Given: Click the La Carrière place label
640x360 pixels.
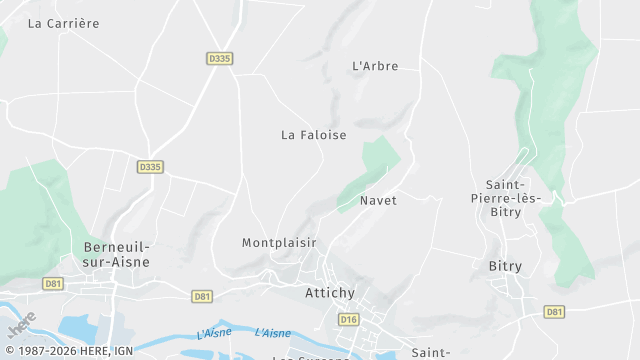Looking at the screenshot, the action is click(64, 23).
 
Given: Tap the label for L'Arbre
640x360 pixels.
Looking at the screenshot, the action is click(376, 67).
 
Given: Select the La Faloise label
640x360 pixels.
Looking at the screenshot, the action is click(313, 135).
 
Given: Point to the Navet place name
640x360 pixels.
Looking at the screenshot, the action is click(379, 201).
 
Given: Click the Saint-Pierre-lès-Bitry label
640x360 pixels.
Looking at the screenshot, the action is click(513, 198).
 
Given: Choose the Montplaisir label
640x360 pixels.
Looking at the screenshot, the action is click(279, 243).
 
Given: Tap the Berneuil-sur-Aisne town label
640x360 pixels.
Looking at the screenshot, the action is click(116, 254).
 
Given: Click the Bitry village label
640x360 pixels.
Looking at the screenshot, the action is click(505, 266).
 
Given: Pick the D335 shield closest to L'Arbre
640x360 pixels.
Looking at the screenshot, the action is click(220, 59).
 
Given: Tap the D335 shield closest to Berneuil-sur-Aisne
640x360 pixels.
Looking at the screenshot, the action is click(151, 167).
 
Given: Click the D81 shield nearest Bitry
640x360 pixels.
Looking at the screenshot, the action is click(554, 312).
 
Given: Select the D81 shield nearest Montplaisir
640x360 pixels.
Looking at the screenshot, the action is click(202, 296).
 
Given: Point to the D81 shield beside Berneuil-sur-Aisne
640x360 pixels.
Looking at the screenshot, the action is click(53, 284).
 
